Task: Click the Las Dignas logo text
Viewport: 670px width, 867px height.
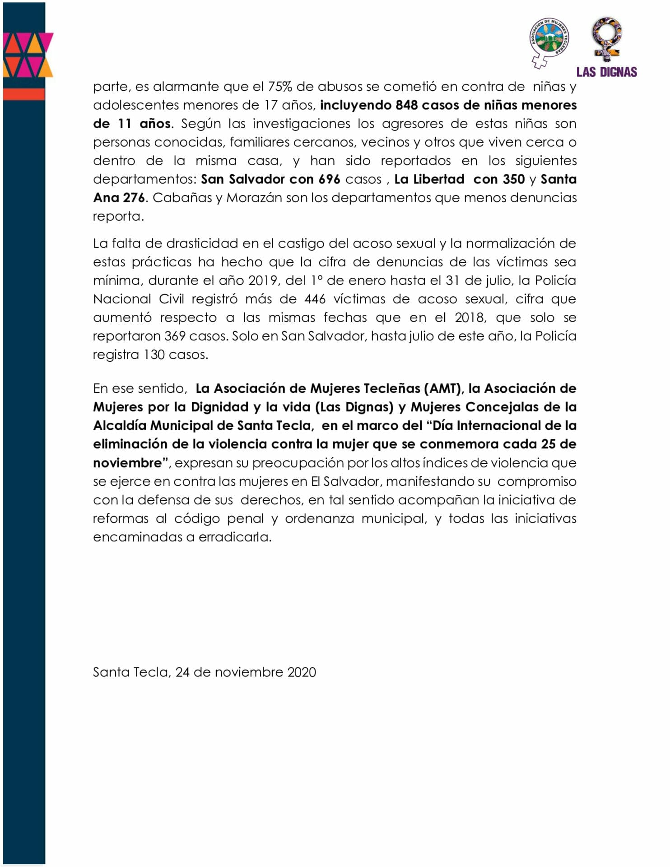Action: pyautogui.click(x=606, y=72)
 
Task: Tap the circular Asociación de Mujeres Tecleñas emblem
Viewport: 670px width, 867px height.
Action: pyautogui.click(x=549, y=40)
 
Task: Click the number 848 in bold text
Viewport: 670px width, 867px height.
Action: pyautogui.click(x=406, y=105)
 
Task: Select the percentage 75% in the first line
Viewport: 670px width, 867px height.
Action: pyautogui.click(x=280, y=87)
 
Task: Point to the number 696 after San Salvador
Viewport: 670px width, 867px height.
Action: pyautogui.click(x=329, y=179)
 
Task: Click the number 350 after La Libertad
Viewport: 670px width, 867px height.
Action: pyautogui.click(x=514, y=179)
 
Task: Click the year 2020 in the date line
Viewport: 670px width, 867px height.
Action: pyautogui.click(x=302, y=672)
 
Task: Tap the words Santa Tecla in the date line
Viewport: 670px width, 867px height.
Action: pyautogui.click(x=130, y=672)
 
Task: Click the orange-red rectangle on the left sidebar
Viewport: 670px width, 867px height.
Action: pyautogui.click(x=24, y=94)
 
